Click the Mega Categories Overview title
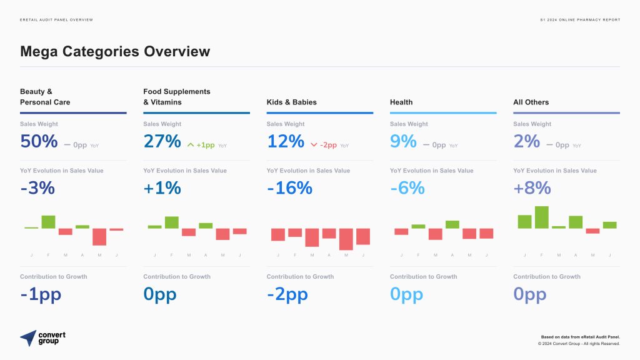(x=115, y=51)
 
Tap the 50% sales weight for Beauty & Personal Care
(x=39, y=141)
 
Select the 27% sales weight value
(x=162, y=141)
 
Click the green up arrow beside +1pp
(x=191, y=145)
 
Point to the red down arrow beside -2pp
(x=314, y=145)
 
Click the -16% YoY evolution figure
(x=289, y=187)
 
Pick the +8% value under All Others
(x=532, y=187)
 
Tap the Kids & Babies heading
(x=291, y=102)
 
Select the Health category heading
(x=401, y=102)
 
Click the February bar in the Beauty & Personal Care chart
(x=48, y=222)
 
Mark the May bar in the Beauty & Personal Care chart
(x=99, y=236)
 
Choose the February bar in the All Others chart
(x=541, y=217)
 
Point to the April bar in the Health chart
(x=452, y=224)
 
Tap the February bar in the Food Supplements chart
(x=172, y=222)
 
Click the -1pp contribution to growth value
(x=41, y=294)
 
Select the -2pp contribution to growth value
(x=287, y=294)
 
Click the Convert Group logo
(x=42, y=338)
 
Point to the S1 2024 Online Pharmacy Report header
(x=580, y=20)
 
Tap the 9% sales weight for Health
(x=403, y=141)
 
